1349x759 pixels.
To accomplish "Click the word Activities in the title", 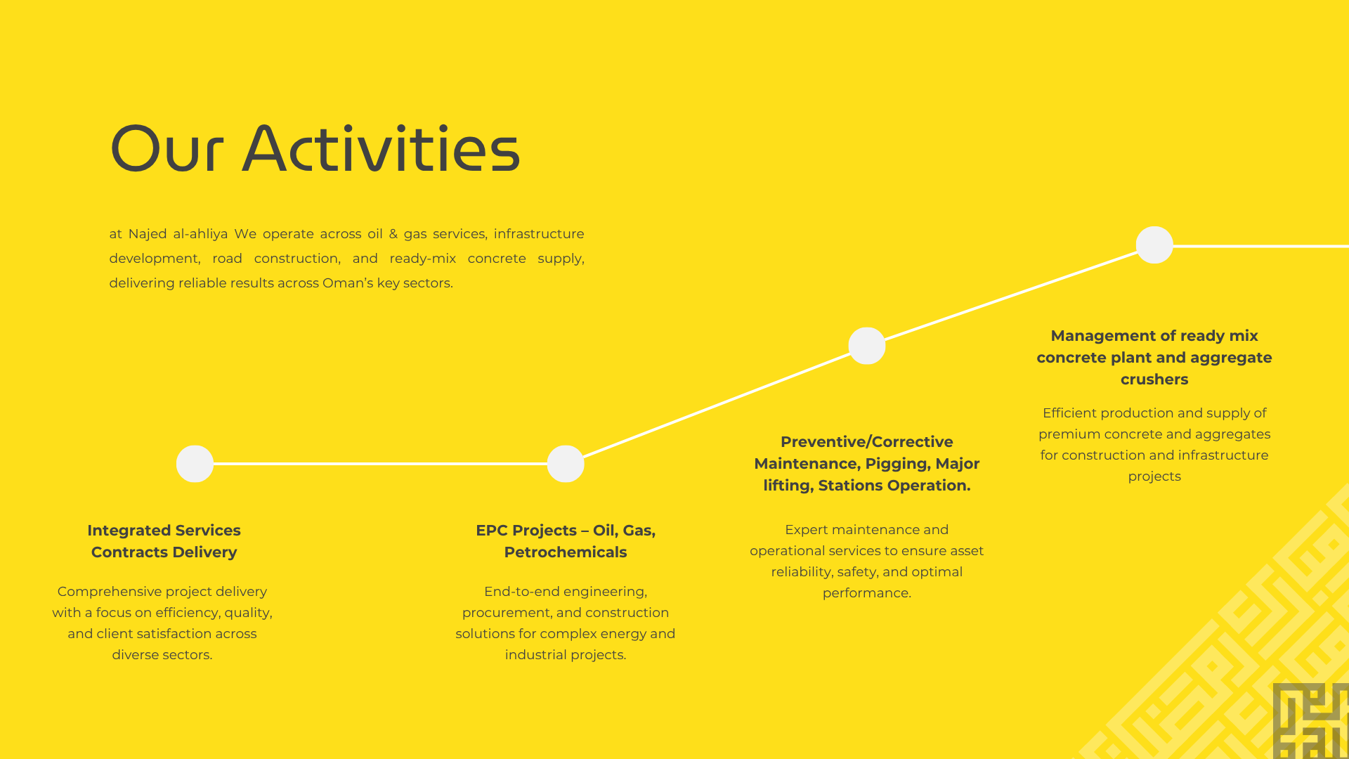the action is click(381, 148).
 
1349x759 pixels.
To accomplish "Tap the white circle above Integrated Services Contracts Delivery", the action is click(195, 464).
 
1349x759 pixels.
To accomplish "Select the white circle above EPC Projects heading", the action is click(566, 464).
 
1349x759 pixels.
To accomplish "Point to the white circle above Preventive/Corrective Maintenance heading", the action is click(867, 346).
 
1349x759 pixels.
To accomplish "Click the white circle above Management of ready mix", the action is click(1154, 245).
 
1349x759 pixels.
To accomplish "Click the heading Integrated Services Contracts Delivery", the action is click(164, 541).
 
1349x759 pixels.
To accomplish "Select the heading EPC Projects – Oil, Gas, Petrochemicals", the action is click(566, 541).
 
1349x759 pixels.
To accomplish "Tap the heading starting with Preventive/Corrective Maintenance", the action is click(867, 464).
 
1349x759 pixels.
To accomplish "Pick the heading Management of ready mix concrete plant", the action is click(1154, 358).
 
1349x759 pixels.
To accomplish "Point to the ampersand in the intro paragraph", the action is click(393, 234).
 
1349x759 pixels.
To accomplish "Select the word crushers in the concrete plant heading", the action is click(1154, 379).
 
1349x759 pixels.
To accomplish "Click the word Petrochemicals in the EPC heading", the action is click(566, 552).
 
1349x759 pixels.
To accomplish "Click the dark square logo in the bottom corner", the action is click(1311, 721).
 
